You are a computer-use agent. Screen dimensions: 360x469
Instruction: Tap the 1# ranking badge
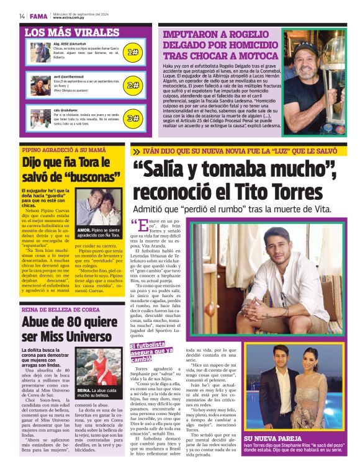pyautogui.click(x=132, y=52)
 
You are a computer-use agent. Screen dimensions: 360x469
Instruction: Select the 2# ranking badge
pyautogui.click(x=132, y=85)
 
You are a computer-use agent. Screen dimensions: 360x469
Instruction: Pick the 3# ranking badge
pyautogui.click(x=132, y=117)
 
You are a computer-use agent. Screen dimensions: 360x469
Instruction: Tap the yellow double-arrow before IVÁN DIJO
pyautogui.click(x=136, y=151)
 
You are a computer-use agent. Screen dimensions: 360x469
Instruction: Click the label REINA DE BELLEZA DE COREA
pyautogui.click(x=60, y=309)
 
